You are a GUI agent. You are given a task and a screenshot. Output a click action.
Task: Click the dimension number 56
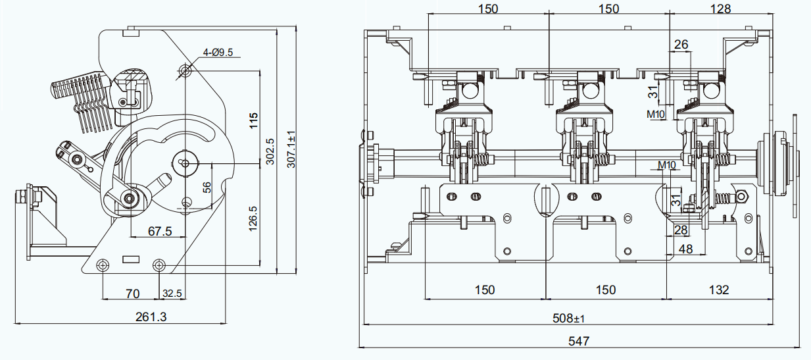click(207, 188)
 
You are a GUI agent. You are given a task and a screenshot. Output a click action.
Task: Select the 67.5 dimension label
click(160, 231)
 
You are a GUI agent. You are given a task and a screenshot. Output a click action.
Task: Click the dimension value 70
click(132, 292)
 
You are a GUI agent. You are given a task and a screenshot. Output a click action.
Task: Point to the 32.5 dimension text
click(172, 292)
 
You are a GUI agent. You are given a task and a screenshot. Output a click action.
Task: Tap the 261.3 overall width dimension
click(151, 317)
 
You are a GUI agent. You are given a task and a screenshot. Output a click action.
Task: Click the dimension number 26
click(681, 44)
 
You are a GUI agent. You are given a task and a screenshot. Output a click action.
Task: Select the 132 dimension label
click(719, 290)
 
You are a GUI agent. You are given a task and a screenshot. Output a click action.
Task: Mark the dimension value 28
click(681, 230)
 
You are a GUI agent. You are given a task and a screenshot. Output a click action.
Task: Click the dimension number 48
click(685, 249)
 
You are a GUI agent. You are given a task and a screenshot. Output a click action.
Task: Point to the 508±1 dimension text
click(569, 319)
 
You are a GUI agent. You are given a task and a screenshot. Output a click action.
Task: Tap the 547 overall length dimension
click(579, 341)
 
